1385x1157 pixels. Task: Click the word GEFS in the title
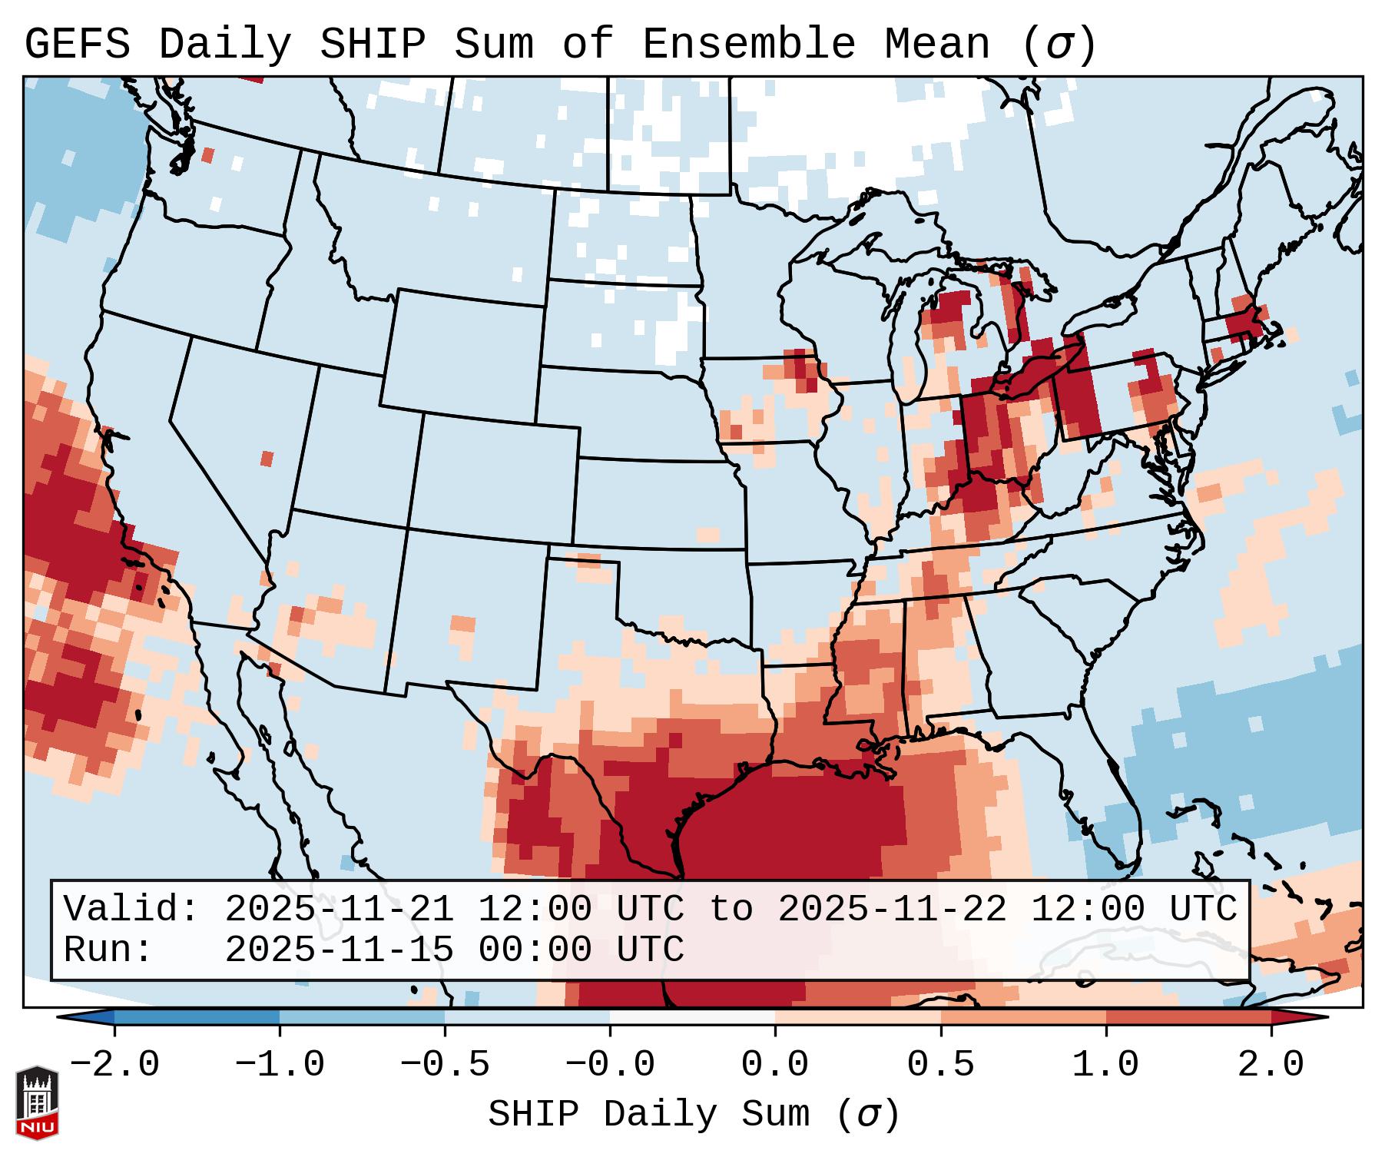pos(77,45)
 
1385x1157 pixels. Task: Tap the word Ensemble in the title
pos(748,45)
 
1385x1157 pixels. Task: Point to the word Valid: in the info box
pos(131,909)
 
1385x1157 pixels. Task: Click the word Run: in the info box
pos(108,950)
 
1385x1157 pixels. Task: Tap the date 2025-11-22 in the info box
pos(892,909)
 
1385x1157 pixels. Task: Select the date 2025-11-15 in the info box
pos(339,950)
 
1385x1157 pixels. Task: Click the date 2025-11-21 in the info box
pos(339,909)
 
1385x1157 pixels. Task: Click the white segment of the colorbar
pos(692,1017)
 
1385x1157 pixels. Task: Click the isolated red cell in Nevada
pos(267,459)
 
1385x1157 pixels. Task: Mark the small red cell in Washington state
pos(207,155)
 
